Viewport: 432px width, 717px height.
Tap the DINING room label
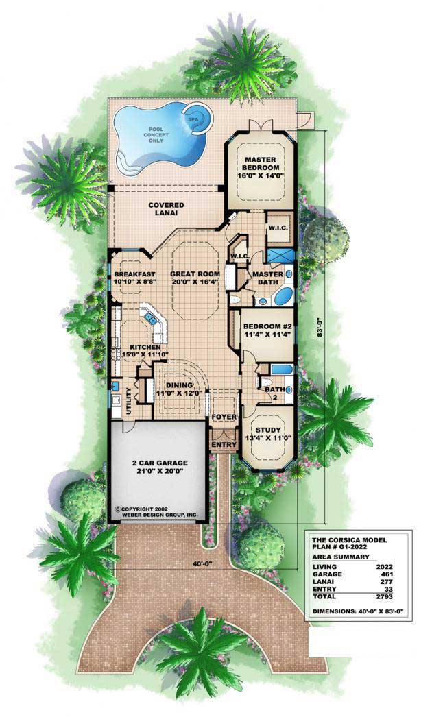173,389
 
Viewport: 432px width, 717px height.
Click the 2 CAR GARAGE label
160,467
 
